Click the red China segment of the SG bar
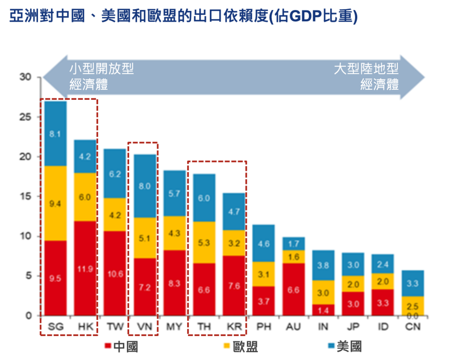(55, 278)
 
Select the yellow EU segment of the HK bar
(85, 197)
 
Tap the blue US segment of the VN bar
(145, 186)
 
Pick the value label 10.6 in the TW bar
(115, 274)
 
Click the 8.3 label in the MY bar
(174, 283)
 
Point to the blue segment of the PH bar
(263, 243)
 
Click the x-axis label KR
(234, 327)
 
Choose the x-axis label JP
(353, 327)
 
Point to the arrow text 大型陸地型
(367, 70)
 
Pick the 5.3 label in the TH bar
(204, 243)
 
